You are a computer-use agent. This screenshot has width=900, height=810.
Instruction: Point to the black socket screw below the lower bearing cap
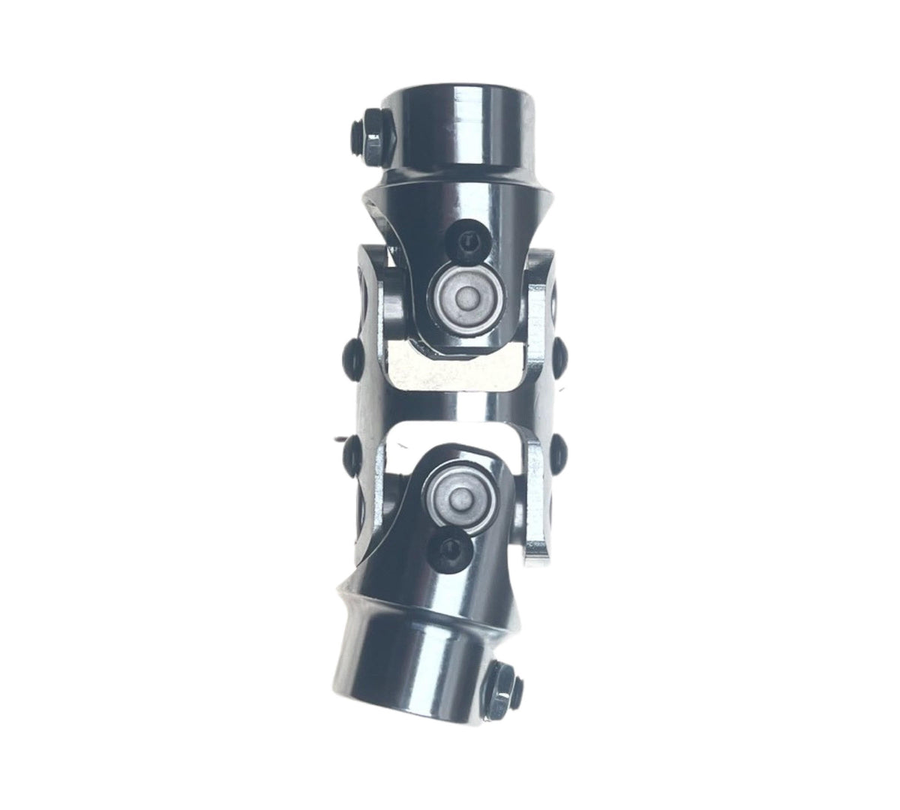point(453,548)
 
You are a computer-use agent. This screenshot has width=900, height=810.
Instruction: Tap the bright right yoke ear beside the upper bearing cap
point(541,300)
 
